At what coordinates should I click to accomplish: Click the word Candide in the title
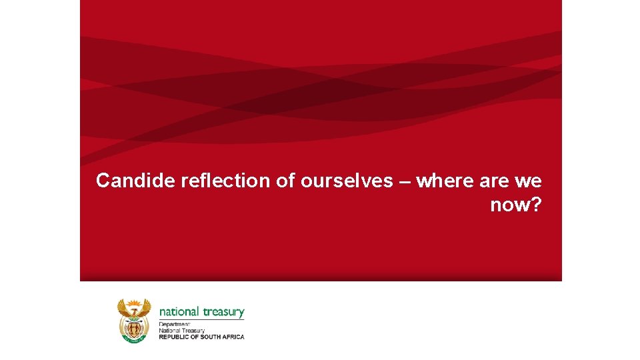point(136,181)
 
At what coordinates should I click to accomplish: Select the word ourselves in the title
point(347,181)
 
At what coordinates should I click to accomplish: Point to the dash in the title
point(405,181)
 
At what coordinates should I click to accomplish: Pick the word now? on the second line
point(516,205)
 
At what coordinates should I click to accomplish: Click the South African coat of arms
point(135,320)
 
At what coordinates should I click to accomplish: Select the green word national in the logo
point(179,311)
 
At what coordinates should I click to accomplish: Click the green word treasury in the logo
point(223,312)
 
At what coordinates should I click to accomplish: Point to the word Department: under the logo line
point(174,324)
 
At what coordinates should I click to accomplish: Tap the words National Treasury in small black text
point(181,330)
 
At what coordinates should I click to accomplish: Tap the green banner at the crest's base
point(135,339)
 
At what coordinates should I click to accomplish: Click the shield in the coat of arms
point(135,327)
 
